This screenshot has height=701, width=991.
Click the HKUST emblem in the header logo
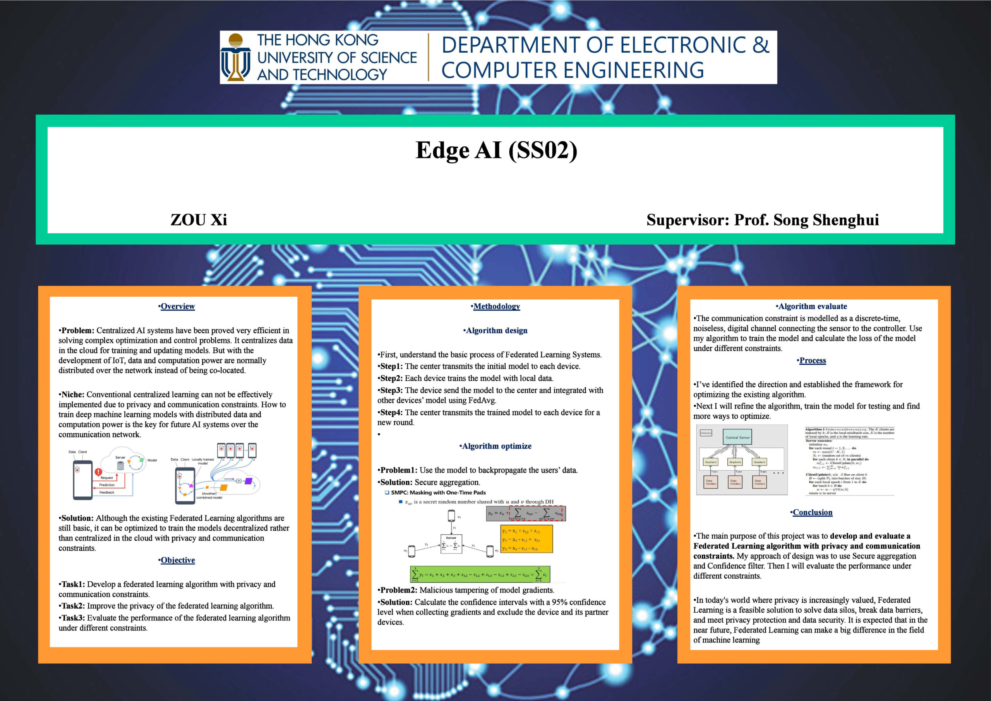coord(236,57)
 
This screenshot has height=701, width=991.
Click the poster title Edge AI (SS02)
coord(496,151)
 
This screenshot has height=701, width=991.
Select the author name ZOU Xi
coord(199,220)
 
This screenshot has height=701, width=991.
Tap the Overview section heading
coord(177,306)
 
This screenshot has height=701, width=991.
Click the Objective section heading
coord(177,560)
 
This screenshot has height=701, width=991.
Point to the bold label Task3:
coord(72,618)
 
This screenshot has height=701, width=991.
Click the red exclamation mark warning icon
coord(98,472)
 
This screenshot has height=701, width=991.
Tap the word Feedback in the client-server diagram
coord(106,492)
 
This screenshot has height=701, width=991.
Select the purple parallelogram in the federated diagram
coord(248,481)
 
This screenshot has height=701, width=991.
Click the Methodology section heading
coord(496,306)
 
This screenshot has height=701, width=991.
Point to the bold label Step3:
coord(391,390)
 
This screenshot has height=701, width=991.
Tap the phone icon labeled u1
coord(451,515)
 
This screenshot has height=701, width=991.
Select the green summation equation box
coord(480,574)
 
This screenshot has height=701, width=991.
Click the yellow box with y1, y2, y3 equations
coord(526,539)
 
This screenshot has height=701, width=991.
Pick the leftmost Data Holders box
coord(710,482)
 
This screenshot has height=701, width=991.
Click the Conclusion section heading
coord(812,512)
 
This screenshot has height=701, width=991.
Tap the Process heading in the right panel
coord(812,361)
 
